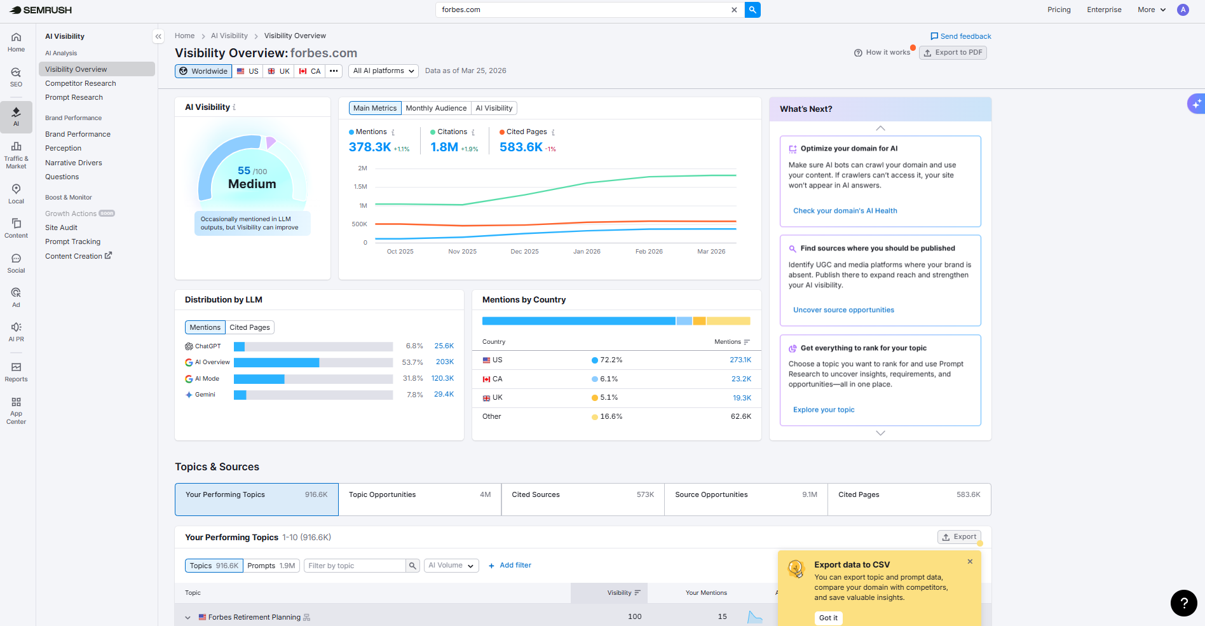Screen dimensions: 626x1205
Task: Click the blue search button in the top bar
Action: [x=752, y=10]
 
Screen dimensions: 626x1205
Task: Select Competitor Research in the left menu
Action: [x=81, y=83]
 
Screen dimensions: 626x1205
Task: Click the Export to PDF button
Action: [x=953, y=53]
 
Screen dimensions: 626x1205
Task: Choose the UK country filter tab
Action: [x=279, y=71]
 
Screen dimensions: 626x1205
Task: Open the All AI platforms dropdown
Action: [x=384, y=71]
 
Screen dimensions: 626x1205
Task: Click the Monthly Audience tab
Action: [x=436, y=108]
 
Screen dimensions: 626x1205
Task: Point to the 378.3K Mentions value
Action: [x=370, y=147]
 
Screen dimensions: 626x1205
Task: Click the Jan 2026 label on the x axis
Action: [x=587, y=252]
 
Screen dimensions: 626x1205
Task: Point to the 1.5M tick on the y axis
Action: [x=360, y=187]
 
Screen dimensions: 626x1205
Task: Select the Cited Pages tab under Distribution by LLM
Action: [x=250, y=327]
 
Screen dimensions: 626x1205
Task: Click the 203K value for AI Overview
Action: [x=445, y=362]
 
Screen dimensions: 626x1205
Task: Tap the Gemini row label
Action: [x=205, y=395]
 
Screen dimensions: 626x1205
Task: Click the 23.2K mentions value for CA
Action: [x=741, y=379]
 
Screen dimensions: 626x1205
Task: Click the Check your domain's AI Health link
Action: [x=845, y=211]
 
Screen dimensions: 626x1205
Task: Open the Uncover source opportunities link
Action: [x=843, y=310]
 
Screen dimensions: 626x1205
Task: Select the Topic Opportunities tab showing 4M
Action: [x=419, y=499]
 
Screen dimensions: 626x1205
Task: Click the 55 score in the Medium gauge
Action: [x=244, y=170]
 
